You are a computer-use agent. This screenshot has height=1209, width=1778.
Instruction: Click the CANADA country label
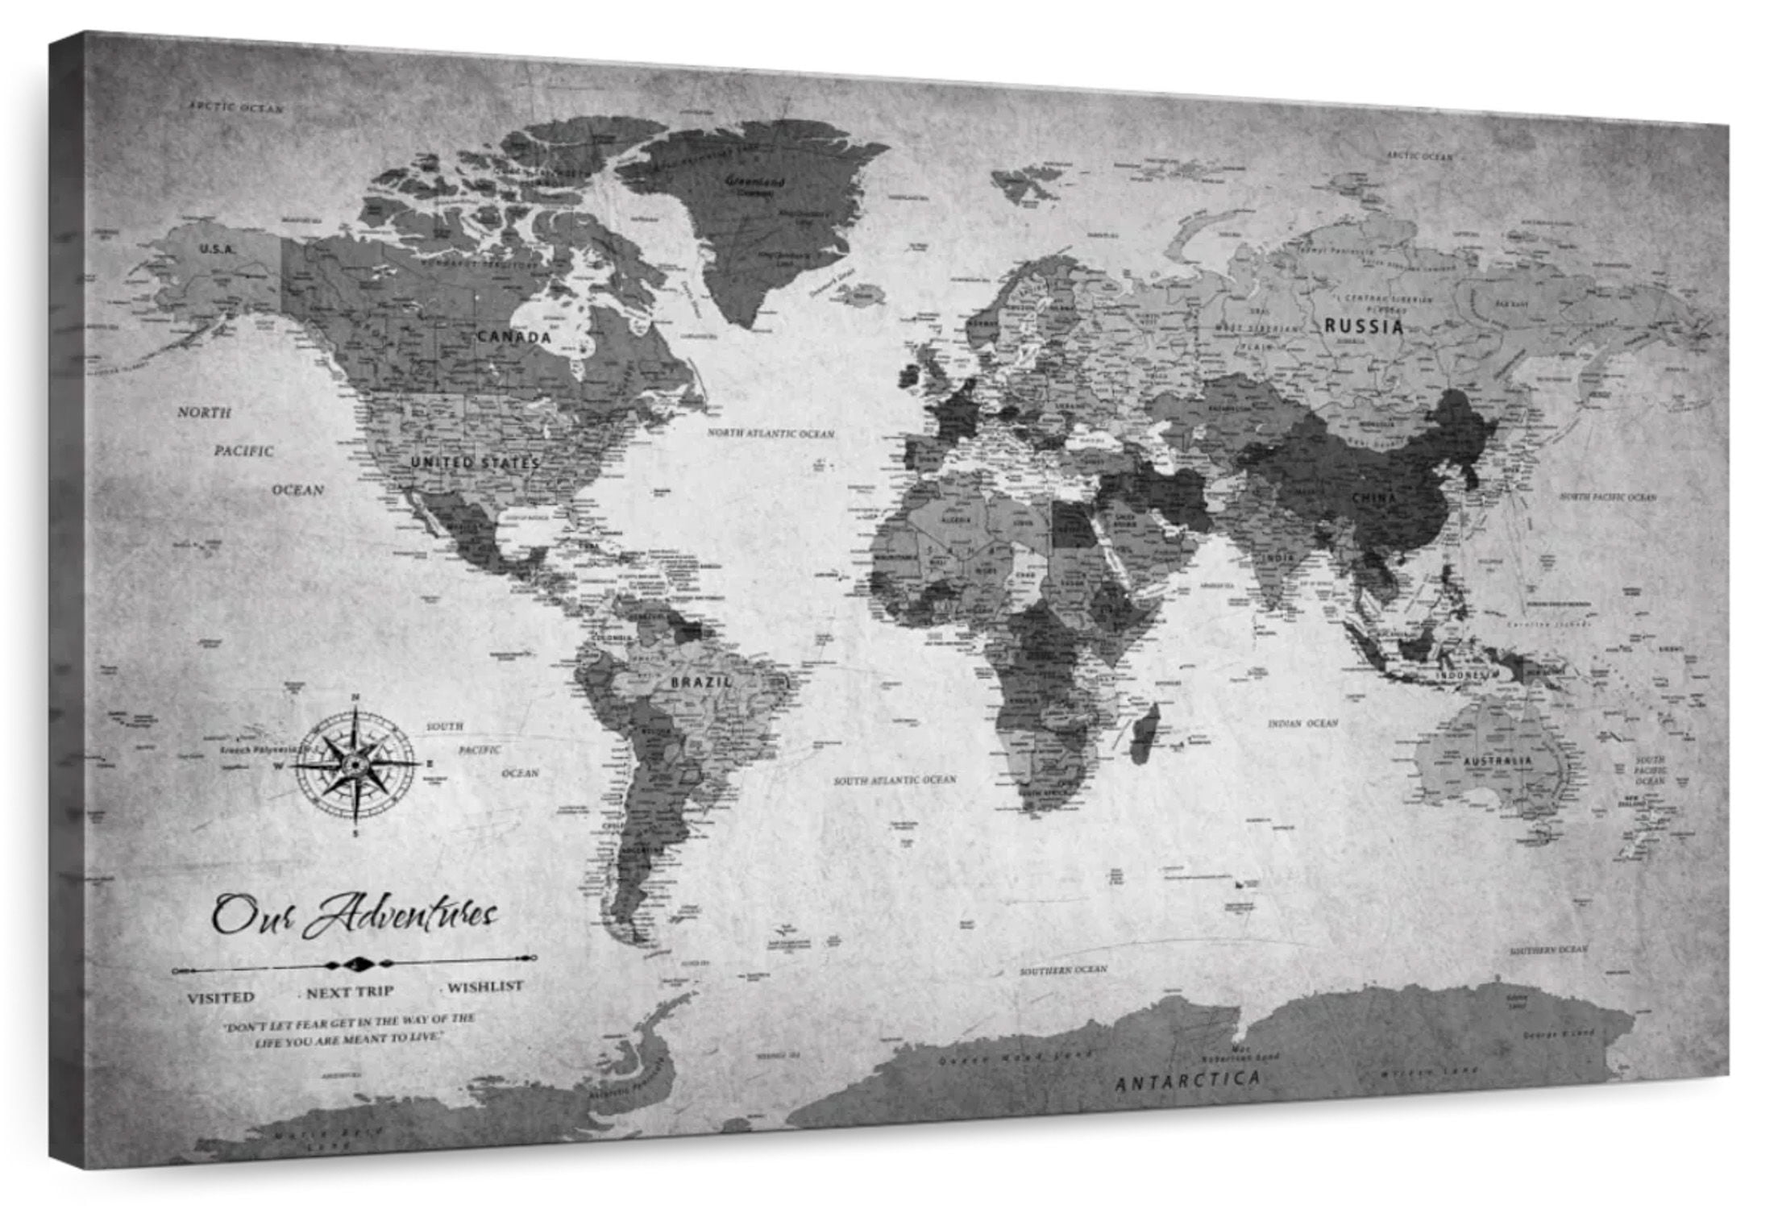514,336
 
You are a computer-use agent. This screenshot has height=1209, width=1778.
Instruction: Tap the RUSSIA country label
1364,326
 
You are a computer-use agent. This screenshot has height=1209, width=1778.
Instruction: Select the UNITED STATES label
474,463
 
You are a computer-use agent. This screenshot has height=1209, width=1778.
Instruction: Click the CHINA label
1373,498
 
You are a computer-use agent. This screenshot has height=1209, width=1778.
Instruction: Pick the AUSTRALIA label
1497,761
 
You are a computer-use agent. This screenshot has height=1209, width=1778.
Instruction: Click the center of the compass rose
355,762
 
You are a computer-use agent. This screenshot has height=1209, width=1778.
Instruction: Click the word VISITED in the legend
221,997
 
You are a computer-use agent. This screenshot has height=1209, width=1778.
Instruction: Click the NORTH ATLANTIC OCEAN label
771,434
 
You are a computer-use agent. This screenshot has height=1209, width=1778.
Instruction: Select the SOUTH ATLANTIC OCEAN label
895,780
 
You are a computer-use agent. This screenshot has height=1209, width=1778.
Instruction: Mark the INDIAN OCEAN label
1302,723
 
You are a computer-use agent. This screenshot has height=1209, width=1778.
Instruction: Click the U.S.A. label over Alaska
218,249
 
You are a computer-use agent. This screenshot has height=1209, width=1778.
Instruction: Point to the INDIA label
1279,558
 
